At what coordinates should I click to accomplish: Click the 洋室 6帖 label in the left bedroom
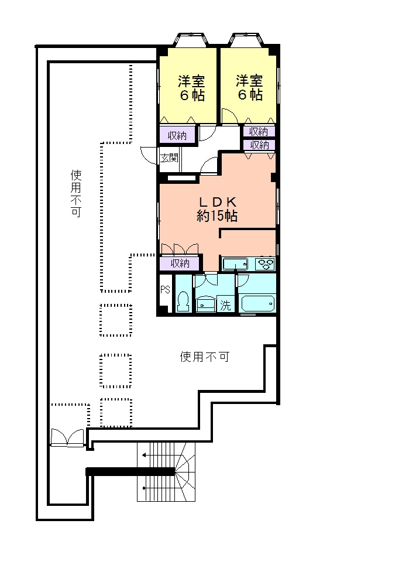pos(191,88)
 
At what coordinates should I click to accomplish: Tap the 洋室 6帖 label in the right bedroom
pos(249,88)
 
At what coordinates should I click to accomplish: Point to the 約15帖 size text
pos(217,216)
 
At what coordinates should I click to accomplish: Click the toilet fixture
pos(183,302)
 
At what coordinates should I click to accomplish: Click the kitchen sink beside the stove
pos(236,264)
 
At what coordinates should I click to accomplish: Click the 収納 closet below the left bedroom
pos(177,136)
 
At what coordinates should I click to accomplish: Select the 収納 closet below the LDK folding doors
pos(180,263)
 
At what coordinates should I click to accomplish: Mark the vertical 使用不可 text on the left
pos(75,194)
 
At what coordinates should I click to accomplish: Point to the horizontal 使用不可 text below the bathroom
pos(204,357)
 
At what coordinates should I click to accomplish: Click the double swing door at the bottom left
pos(67,437)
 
